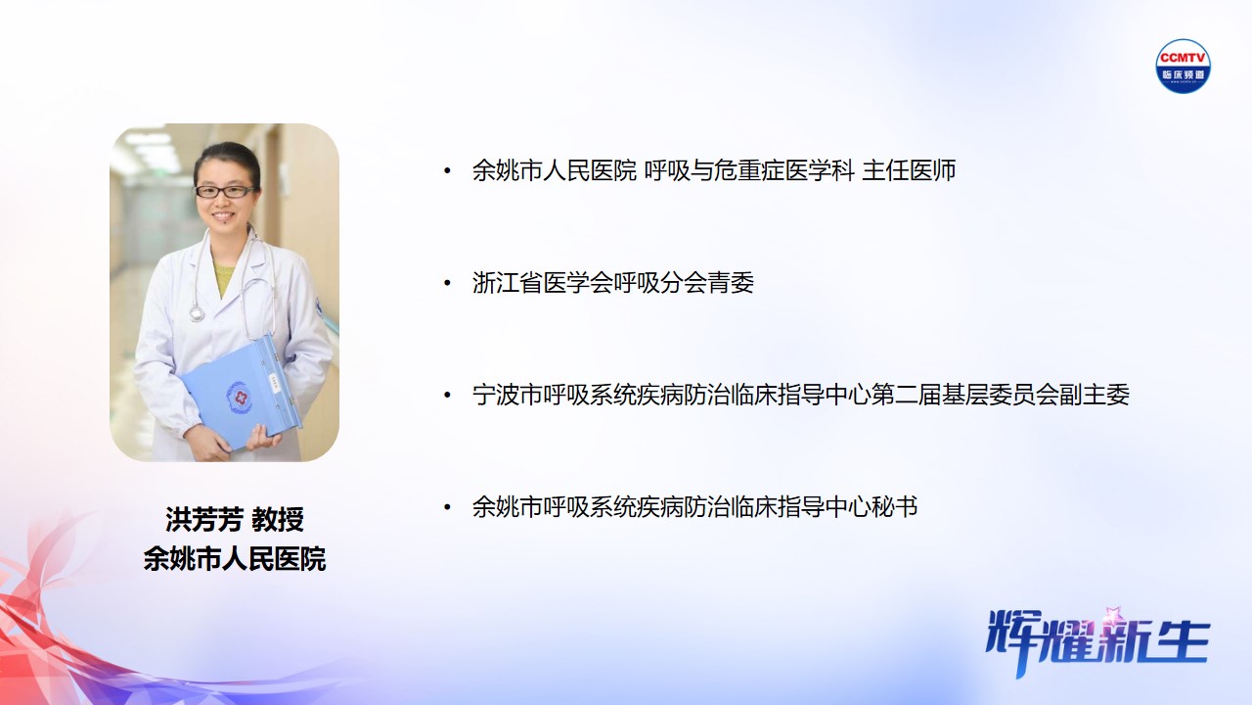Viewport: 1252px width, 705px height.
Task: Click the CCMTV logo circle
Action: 1183,66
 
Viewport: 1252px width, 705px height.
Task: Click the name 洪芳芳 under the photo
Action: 203,520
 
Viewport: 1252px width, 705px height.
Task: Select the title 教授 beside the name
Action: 277,520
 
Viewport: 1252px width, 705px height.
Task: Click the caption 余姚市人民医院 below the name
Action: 234,559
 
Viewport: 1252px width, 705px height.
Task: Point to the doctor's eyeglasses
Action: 224,192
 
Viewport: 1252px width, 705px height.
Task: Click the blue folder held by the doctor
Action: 242,392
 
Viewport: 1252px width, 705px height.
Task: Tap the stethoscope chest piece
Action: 197,313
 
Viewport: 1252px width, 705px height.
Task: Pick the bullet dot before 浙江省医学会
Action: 447,284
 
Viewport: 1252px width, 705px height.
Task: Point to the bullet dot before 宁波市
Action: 447,396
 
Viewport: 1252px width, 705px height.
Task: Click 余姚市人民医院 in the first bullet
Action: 554,171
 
